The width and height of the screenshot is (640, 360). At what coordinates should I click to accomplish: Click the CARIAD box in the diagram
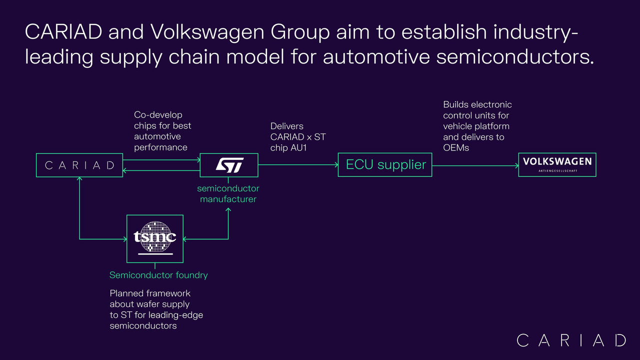(x=79, y=165)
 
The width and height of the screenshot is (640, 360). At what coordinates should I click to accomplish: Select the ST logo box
(x=229, y=165)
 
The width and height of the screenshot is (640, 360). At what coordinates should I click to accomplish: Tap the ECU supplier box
(x=385, y=165)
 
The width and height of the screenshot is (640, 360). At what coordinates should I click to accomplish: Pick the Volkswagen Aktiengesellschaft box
(x=557, y=165)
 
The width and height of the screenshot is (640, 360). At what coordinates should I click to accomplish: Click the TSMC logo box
(x=155, y=239)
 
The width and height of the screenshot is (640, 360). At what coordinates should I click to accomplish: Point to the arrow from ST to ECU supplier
(x=298, y=164)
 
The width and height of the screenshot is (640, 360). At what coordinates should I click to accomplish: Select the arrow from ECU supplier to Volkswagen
(x=475, y=165)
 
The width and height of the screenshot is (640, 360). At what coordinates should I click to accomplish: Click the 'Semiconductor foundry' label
(x=158, y=275)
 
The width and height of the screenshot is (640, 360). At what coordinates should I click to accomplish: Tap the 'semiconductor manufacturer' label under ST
(x=228, y=193)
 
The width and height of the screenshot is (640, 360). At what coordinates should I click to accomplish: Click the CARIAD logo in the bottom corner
(x=571, y=340)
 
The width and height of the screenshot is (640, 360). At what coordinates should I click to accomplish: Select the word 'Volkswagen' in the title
(x=207, y=32)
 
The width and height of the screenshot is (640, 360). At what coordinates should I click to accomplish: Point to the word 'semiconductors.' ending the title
(x=515, y=56)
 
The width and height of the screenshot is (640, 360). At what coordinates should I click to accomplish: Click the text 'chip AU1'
(x=288, y=147)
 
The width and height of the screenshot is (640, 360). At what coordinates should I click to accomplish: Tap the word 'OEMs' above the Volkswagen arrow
(x=456, y=147)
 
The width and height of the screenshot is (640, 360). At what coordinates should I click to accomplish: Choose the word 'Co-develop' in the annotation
(x=158, y=115)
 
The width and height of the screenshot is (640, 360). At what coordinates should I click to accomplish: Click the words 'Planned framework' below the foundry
(x=150, y=293)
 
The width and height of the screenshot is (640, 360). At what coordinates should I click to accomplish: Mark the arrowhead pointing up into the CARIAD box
(x=79, y=179)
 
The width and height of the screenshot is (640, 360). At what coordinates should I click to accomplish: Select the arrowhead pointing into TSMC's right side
(x=185, y=239)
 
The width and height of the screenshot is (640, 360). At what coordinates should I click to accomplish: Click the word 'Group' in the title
(x=300, y=32)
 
